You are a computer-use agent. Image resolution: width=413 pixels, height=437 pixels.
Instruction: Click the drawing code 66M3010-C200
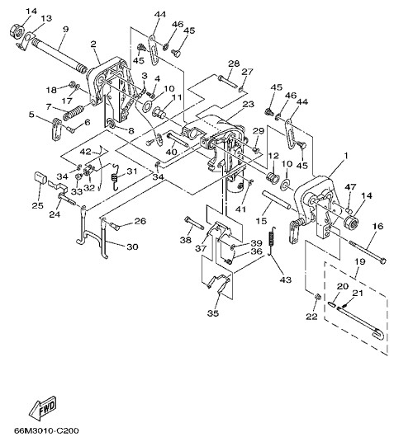[46, 430]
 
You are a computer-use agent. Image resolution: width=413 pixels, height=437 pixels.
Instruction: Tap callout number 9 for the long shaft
[65, 30]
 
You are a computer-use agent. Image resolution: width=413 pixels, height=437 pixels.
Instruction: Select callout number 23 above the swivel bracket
[249, 104]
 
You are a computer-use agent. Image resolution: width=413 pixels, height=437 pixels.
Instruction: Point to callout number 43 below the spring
[285, 280]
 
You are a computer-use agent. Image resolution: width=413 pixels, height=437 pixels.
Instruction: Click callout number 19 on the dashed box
[360, 261]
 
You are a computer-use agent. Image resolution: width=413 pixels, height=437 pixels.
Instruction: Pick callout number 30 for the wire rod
[132, 247]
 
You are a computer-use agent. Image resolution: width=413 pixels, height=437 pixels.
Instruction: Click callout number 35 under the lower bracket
[213, 313]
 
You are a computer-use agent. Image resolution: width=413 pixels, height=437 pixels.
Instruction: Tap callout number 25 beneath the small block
[38, 205]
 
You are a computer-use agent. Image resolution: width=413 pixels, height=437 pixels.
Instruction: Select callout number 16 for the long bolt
[378, 226]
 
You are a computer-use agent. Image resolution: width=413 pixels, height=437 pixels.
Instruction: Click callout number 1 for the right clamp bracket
[346, 156]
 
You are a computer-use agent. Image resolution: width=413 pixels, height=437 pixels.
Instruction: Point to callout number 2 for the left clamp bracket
[93, 44]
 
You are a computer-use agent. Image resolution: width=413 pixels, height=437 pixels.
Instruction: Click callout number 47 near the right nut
[350, 186]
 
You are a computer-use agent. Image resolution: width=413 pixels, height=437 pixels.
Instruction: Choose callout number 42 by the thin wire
[85, 152]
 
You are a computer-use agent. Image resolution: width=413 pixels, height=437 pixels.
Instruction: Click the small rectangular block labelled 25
[40, 177]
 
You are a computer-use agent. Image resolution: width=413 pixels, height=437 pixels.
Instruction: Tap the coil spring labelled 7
[74, 113]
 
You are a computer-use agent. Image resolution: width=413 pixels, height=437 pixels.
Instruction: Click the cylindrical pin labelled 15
[276, 200]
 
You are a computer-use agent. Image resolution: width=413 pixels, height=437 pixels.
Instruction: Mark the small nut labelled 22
[317, 296]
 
